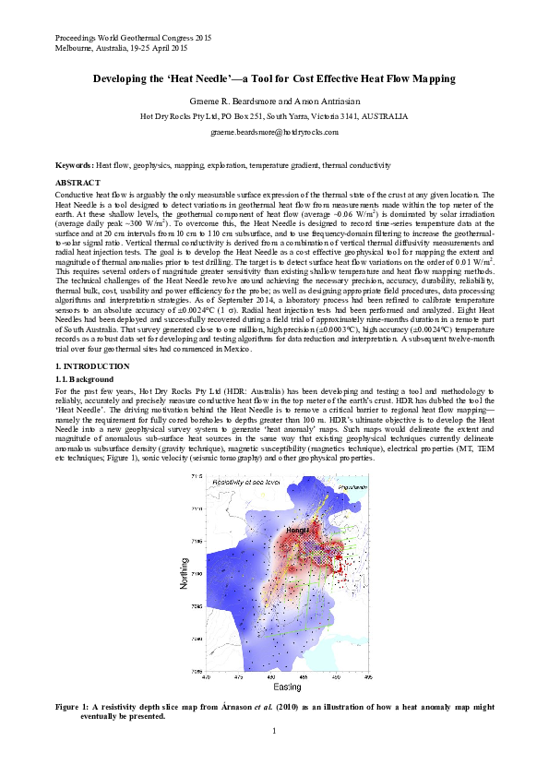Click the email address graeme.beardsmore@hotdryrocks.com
(x=274, y=133)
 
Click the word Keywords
(x=73, y=162)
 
